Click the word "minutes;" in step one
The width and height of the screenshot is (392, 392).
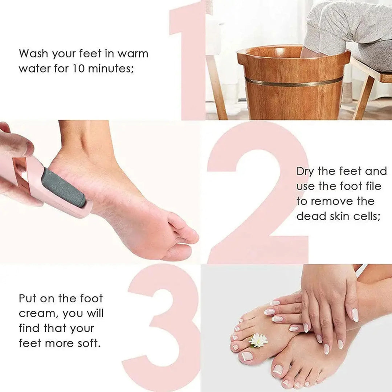[x=111, y=68]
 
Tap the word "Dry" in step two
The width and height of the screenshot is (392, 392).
[x=305, y=171]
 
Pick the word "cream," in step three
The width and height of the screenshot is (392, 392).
[x=38, y=314]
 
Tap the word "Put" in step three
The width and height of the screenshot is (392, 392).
[x=27, y=299]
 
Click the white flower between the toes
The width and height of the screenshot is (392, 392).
[x=258, y=340]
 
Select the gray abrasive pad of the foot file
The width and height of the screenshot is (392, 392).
[x=63, y=188]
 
